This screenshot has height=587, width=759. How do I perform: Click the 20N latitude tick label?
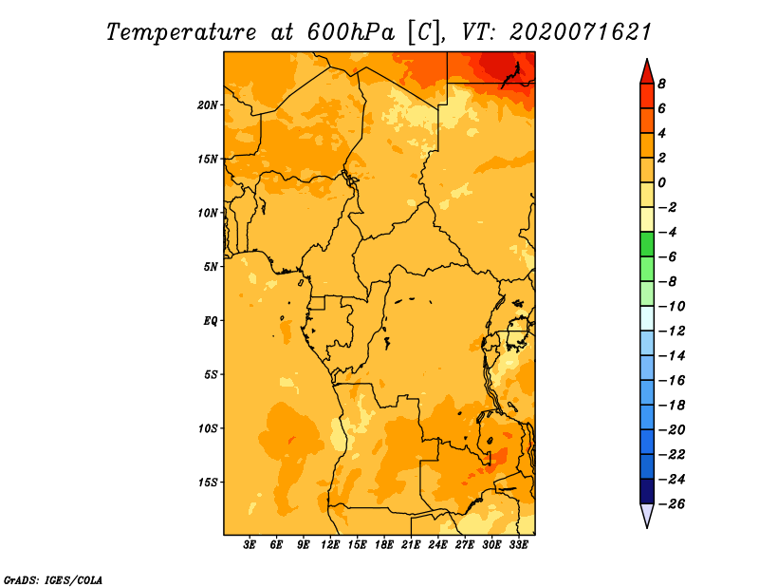208,105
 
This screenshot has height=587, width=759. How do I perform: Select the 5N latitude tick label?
211,267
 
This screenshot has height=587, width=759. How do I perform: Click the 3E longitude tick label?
250,544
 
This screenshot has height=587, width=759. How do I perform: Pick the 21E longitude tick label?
411,544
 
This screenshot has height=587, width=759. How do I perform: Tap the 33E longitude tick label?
518,544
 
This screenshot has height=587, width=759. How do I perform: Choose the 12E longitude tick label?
330,544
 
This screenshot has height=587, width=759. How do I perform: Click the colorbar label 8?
661,84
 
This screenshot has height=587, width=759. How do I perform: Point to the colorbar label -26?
672,504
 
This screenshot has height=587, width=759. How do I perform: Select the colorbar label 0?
661,182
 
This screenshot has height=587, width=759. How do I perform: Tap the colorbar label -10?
672,307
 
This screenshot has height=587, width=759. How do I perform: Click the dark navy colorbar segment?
647,491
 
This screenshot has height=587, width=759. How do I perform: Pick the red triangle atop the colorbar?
647,72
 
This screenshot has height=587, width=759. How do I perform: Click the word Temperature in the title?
181,32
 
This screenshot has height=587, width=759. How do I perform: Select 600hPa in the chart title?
351,32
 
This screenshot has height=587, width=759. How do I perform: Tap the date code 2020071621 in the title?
581,32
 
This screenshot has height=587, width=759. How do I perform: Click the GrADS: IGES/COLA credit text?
53,580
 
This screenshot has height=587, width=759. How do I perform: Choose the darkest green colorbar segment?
647,244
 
